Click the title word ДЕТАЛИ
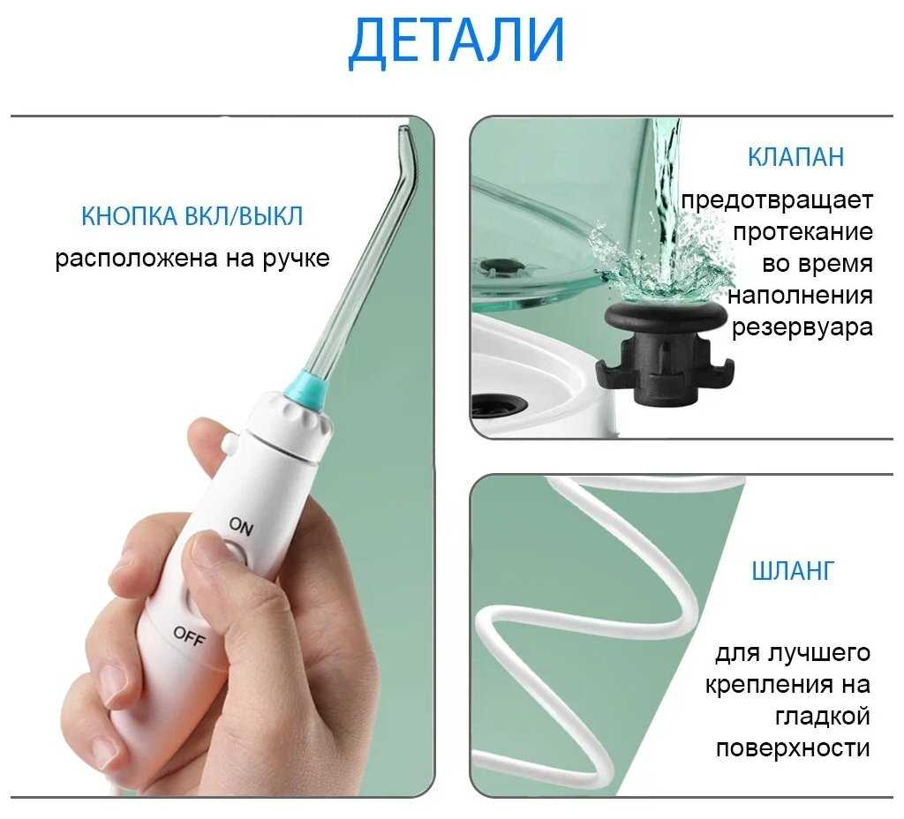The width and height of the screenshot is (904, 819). (456, 41)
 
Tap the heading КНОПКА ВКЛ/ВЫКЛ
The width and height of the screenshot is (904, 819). (192, 216)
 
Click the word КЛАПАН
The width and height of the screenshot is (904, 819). (795, 157)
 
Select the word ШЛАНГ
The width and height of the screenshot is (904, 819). (793, 571)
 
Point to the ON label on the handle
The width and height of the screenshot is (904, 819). (240, 526)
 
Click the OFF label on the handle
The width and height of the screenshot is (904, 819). (189, 636)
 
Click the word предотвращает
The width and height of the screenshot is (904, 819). (777, 200)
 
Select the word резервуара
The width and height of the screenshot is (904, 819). (802, 327)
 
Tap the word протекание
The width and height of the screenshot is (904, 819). (802, 232)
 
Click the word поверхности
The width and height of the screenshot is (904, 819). (793, 748)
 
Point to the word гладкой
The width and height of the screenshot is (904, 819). (823, 716)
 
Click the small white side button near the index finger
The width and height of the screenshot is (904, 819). (230, 443)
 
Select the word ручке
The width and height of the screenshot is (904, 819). (297, 259)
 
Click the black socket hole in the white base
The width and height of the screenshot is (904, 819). (499, 405)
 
